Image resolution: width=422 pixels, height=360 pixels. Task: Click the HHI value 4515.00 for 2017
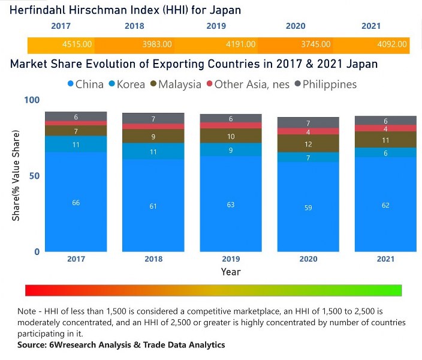click(x=76, y=44)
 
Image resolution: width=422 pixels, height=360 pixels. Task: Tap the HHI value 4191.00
click(x=240, y=44)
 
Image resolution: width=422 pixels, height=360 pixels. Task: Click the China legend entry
click(x=86, y=84)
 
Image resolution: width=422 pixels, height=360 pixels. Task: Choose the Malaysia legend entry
click(x=174, y=84)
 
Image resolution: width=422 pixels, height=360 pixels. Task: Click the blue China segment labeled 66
click(x=76, y=202)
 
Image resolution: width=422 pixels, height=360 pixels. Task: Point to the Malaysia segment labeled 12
click(x=308, y=144)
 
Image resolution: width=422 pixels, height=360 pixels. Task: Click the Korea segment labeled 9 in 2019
click(x=231, y=150)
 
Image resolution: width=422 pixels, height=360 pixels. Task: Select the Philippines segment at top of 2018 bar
click(x=153, y=118)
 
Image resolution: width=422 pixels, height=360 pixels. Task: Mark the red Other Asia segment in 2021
click(x=385, y=128)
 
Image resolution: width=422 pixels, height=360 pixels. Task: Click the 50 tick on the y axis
click(x=34, y=176)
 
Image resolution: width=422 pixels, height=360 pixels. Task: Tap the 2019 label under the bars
click(x=231, y=259)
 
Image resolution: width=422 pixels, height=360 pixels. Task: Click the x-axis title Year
click(x=231, y=272)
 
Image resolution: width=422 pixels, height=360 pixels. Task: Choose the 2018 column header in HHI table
click(x=134, y=26)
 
